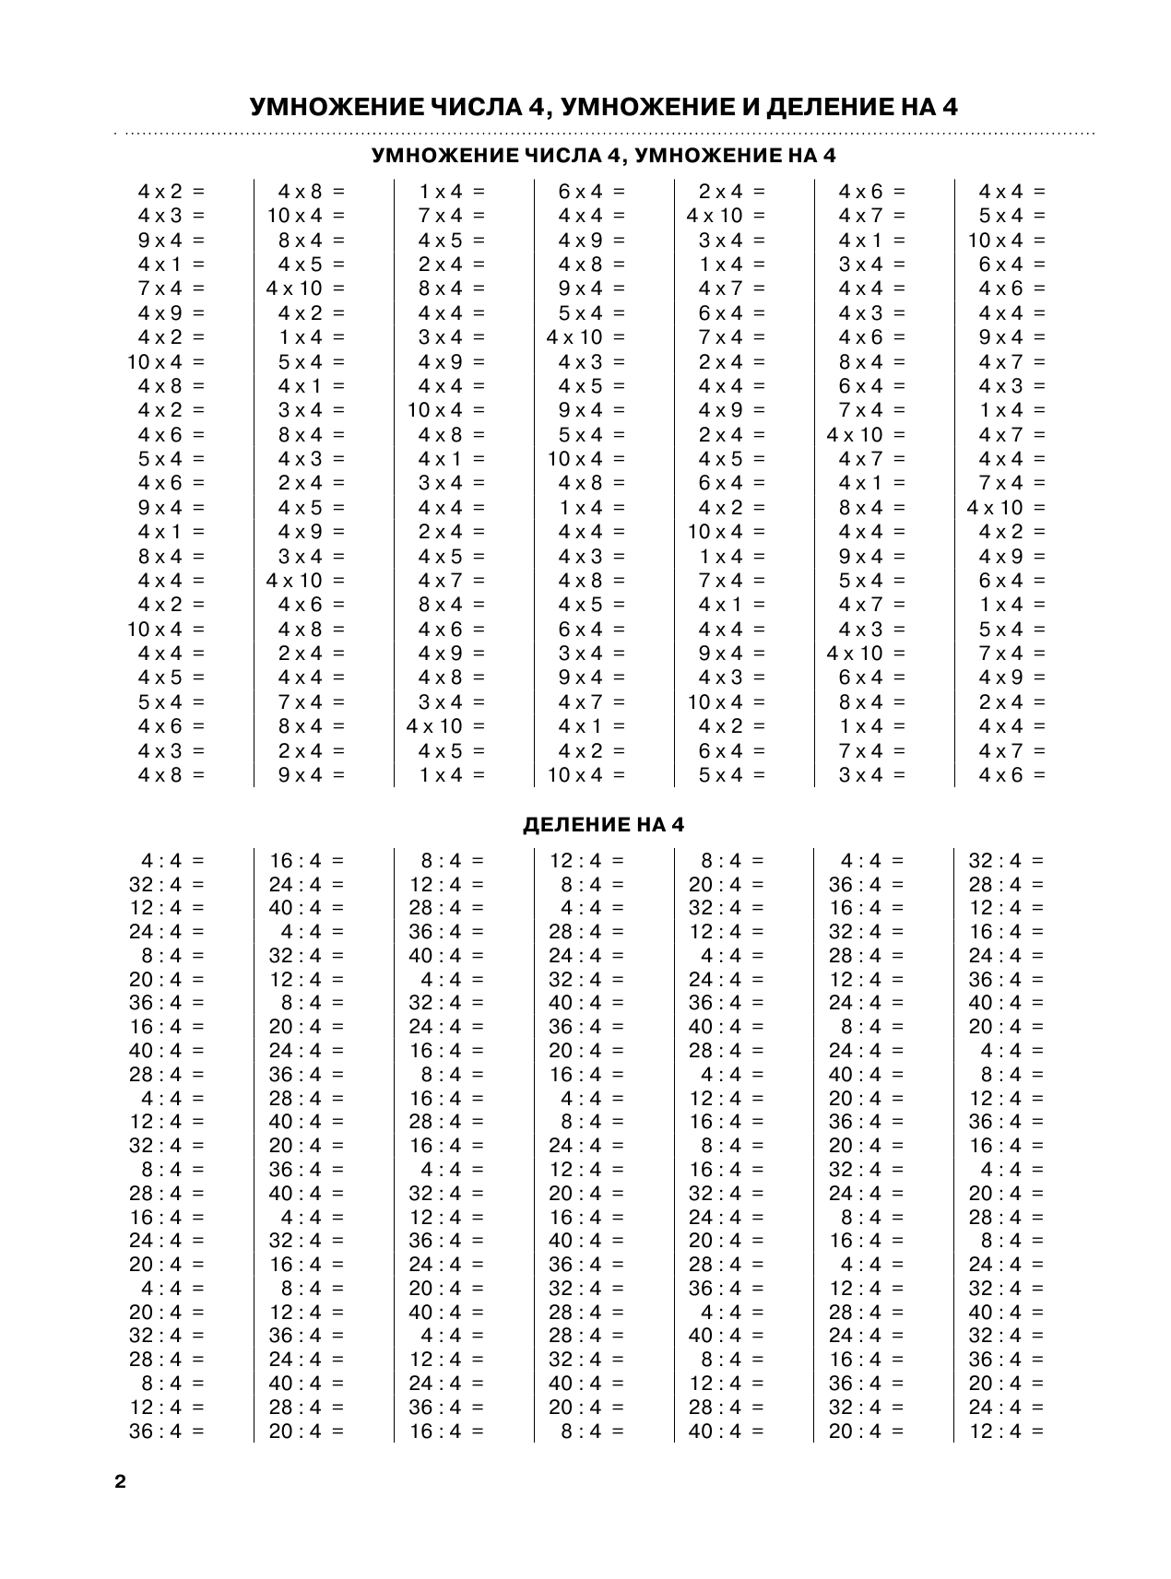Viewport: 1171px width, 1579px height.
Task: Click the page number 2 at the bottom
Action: (119, 1483)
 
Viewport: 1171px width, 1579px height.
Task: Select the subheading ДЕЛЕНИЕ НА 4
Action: (604, 825)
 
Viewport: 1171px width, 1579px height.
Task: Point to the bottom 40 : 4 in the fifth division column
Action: (715, 1432)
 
